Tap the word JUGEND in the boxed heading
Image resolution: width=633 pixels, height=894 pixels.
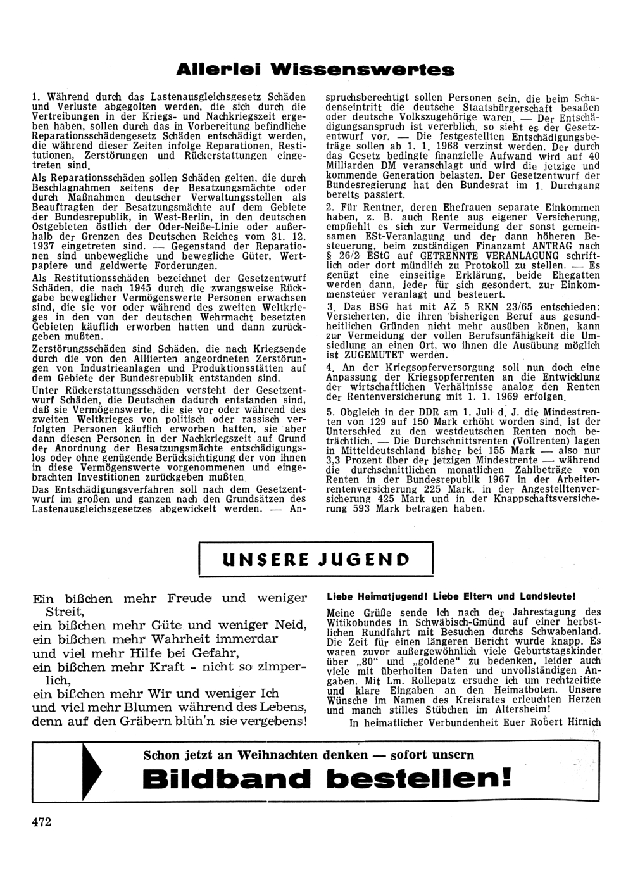pyautogui.click(x=365, y=560)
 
